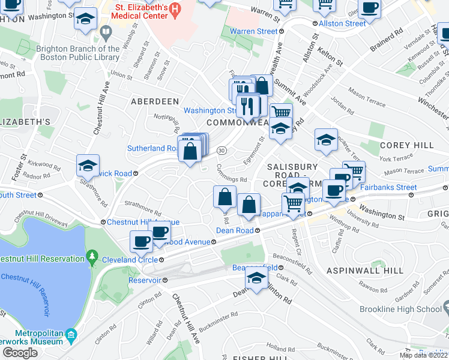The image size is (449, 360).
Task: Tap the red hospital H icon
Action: click(174, 8)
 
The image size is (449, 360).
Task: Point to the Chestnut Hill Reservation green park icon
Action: click(91, 259)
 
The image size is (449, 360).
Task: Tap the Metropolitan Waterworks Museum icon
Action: click(71, 334)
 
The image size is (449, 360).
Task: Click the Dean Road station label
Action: click(238, 230)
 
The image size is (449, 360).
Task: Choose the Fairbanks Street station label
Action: click(389, 187)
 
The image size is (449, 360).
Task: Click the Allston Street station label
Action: click(342, 23)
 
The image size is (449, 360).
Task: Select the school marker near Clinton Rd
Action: click(256, 278)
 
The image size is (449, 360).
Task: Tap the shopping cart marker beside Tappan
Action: click(292, 203)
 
